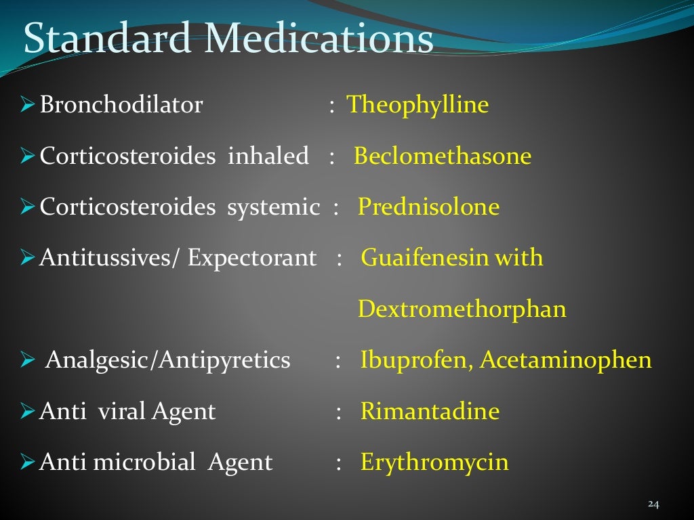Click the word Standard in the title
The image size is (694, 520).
(107, 39)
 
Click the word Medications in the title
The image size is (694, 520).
(320, 39)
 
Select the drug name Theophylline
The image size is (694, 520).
(417, 105)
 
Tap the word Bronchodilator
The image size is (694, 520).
(121, 105)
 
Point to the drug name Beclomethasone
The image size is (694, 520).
(443, 156)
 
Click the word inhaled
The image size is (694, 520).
(268, 156)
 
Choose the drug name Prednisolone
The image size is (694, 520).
(428, 207)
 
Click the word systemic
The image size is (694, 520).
(273, 207)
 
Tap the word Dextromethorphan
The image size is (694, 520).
(462, 309)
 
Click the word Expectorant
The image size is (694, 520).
(251, 258)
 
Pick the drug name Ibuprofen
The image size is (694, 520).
(416, 360)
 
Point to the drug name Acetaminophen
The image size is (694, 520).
(566, 360)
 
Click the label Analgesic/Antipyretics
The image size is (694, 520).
(167, 360)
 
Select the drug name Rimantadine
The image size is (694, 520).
(430, 411)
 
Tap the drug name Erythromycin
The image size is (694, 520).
(434, 462)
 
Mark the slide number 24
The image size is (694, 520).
(653, 504)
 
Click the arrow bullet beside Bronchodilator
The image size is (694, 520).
(28, 106)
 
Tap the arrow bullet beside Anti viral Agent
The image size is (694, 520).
(28, 412)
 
